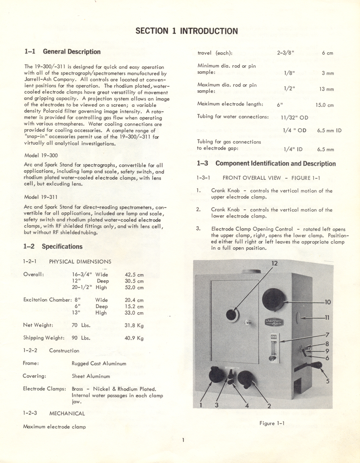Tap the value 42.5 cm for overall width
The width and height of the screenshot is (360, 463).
pos(134,274)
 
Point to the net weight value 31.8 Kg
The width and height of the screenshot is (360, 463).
pos(134,325)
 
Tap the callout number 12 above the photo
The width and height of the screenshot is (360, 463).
pos(275,264)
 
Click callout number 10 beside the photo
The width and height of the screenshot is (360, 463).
pos(327,302)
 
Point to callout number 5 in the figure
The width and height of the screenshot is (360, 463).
pos(327,381)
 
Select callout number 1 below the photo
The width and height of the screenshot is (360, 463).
pos(201,406)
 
